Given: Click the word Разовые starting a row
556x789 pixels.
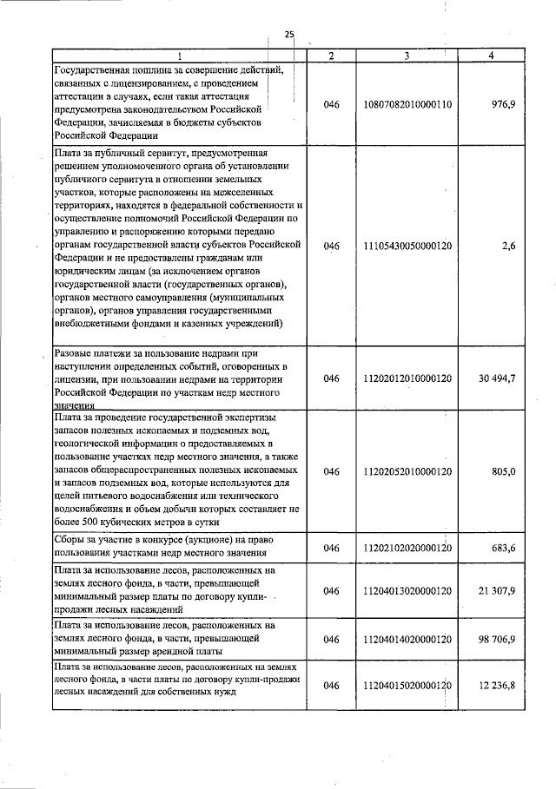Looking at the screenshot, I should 76,354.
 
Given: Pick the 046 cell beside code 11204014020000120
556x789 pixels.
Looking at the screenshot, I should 331,639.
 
